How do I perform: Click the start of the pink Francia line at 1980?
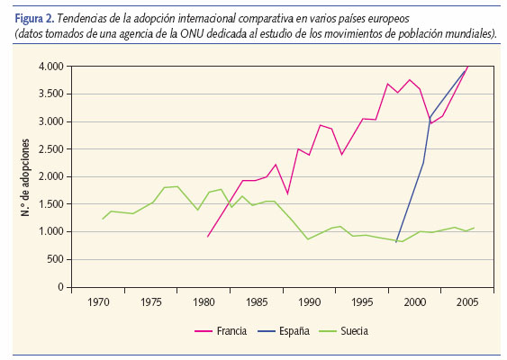coord(207,237)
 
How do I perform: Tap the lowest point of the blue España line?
coord(396,241)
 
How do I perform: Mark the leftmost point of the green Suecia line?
coord(103,219)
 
